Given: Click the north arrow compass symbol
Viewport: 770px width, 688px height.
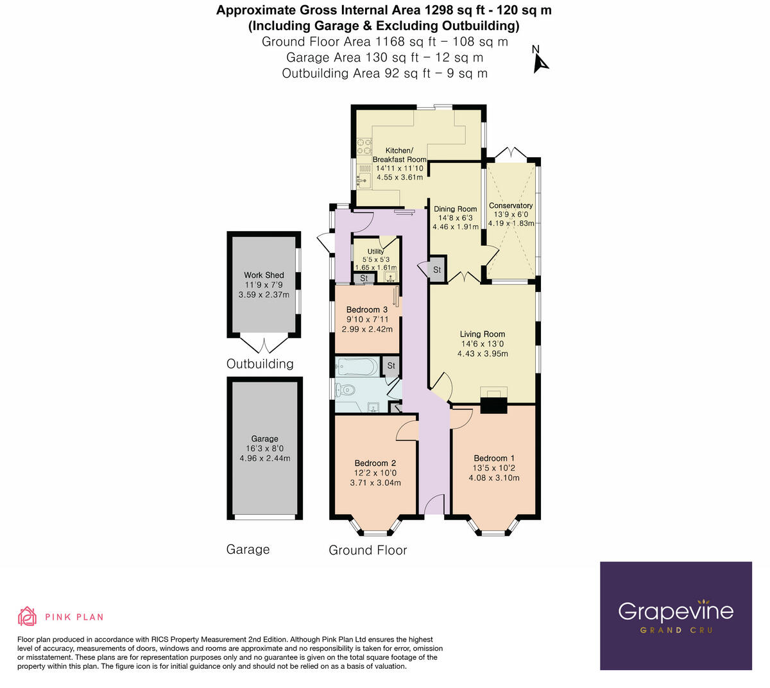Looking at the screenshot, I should pos(540,58).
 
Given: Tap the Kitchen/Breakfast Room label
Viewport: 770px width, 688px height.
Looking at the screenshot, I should pos(399,155).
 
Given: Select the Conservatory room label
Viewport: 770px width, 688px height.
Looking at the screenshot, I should pos(511,206).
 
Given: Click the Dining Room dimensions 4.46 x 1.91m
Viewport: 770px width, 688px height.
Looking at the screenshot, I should pos(456,227).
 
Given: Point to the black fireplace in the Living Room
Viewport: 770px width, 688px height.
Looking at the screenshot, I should pos(493,405).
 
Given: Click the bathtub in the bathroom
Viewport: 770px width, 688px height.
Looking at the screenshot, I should pos(357,367).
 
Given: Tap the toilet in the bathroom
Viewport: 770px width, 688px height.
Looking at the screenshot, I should pos(346,389).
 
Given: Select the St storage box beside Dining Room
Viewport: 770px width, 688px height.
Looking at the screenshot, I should pos(437,270).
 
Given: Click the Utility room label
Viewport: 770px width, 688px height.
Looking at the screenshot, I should pos(376,252).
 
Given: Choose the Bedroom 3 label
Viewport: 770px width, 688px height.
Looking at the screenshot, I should pos(367,310).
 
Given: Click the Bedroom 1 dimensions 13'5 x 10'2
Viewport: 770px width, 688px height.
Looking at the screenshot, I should pos(494,468).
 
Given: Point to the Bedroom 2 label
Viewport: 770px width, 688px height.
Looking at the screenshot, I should pos(375,463).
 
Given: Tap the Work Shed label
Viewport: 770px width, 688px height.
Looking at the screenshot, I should pos(264,275).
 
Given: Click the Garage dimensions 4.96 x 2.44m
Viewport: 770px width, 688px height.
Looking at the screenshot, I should pos(264,458).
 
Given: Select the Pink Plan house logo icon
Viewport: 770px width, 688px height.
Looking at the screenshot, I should pos(28,616).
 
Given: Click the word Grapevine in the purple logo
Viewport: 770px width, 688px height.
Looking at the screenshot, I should pos(675,611).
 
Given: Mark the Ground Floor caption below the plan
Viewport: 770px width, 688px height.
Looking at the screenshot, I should pos(368,550).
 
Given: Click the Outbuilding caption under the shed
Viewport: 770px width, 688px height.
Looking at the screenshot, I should pos(260,364).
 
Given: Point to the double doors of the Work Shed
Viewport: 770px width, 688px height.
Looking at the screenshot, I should pos(264,345).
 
